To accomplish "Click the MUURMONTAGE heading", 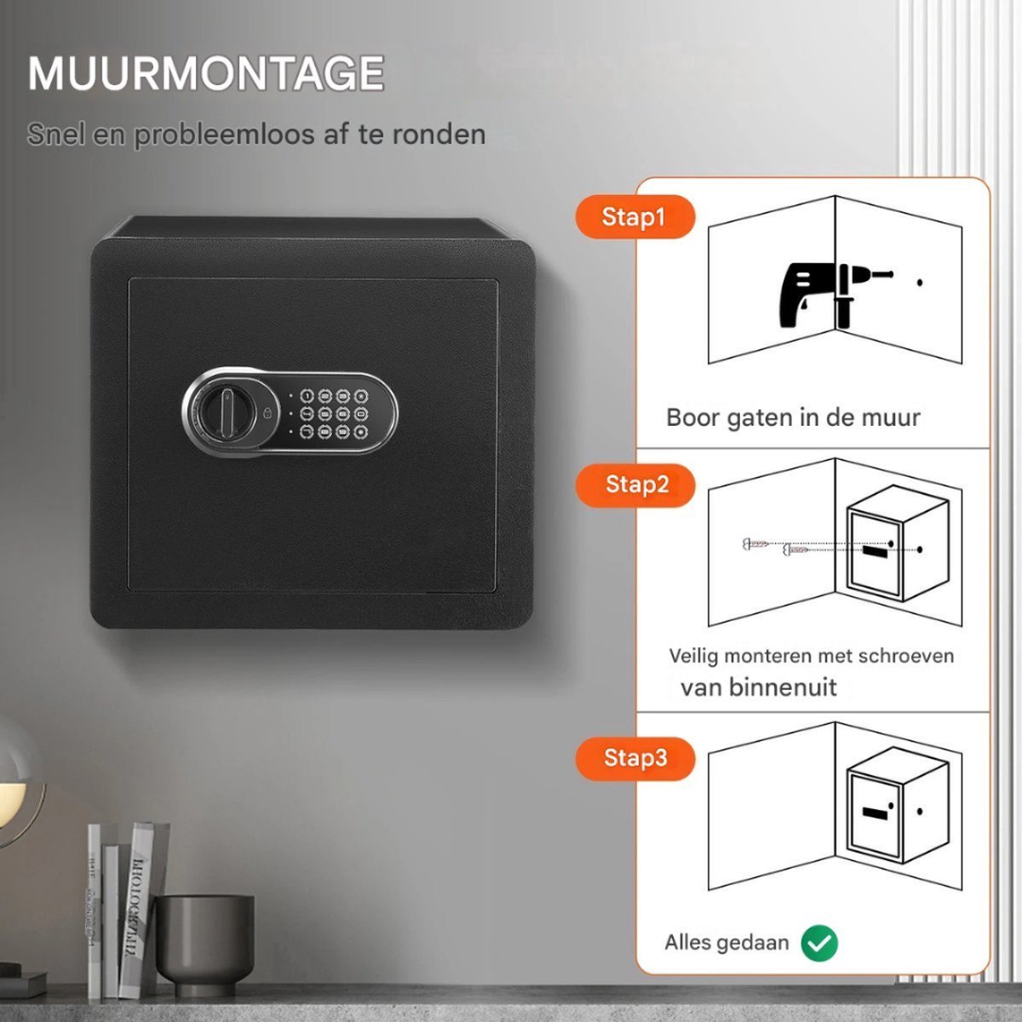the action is click(206, 73).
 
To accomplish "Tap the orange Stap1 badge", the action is click(634, 217).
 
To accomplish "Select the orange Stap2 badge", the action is click(634, 485).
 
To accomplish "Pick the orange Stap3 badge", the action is click(634, 758).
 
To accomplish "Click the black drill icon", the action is click(833, 294).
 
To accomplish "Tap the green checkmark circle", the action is click(819, 943).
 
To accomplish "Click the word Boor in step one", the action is click(693, 417).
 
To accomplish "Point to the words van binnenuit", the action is click(759, 687).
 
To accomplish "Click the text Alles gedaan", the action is click(726, 943).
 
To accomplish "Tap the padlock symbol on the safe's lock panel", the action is click(267, 412).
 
